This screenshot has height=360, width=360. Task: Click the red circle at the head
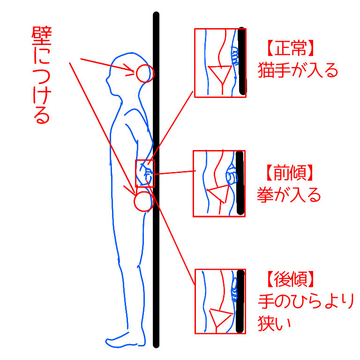pos(144,74)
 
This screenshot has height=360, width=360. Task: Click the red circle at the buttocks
pos(143,201)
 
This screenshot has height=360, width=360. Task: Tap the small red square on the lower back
pos(145,173)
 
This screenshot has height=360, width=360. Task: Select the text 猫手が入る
pos(298,71)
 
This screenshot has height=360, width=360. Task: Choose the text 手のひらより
pos(305,301)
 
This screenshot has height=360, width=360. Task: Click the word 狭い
pos(275,323)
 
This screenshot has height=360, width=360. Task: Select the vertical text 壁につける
pos(41,75)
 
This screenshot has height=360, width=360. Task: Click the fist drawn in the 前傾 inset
pos(232,177)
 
